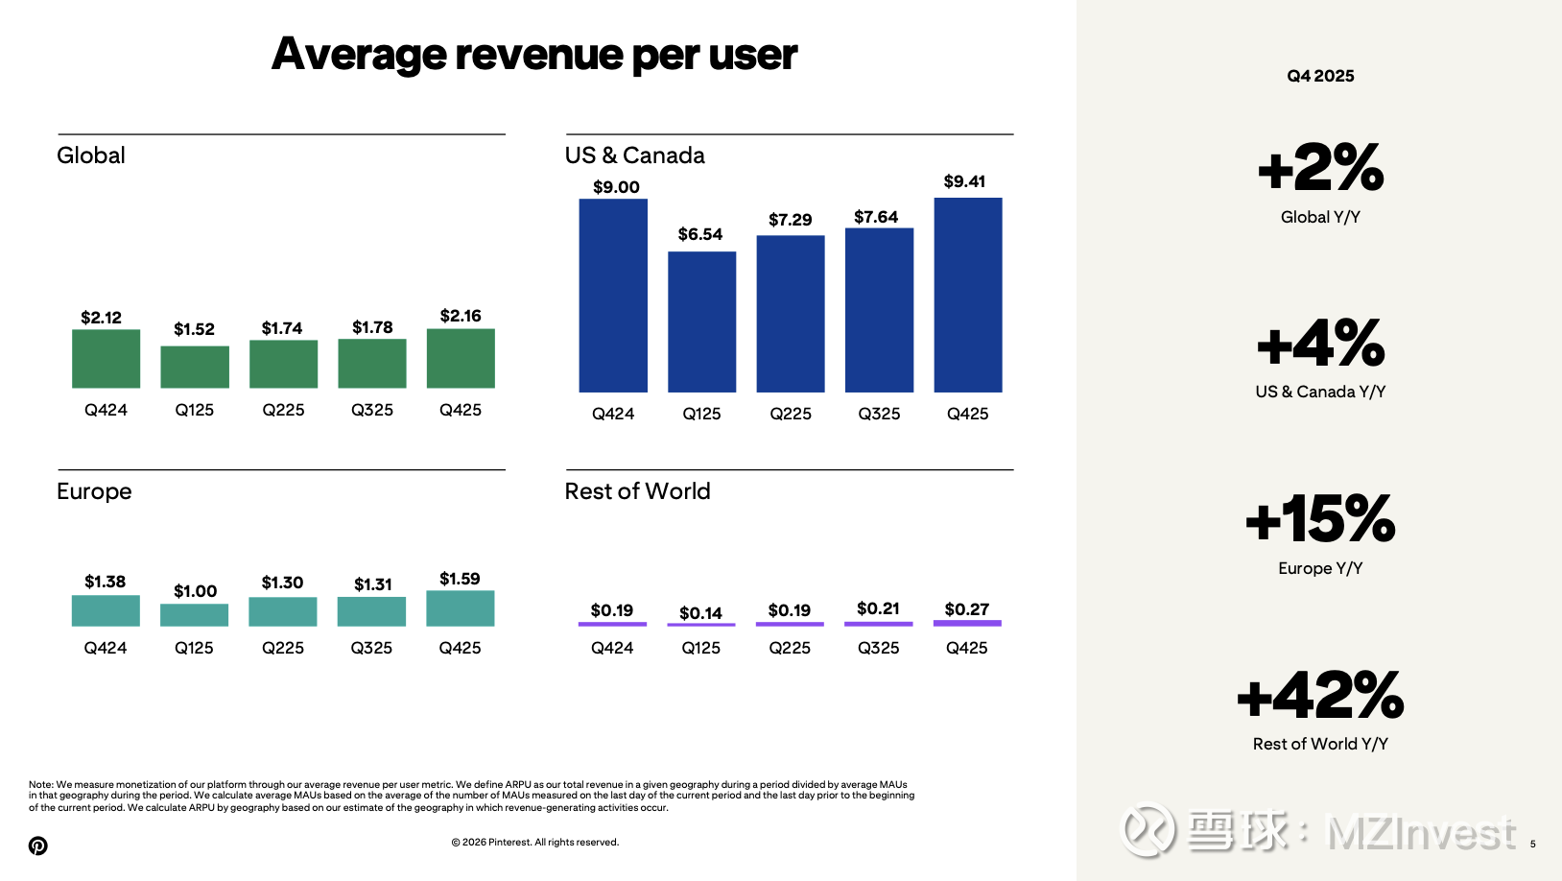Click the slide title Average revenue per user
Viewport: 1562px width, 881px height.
pyautogui.click(x=534, y=55)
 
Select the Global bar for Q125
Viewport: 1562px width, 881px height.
pyautogui.click(x=195, y=367)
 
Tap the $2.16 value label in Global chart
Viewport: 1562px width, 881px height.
pyautogui.click(x=461, y=316)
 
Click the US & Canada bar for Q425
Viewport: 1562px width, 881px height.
pyautogui.click(x=967, y=295)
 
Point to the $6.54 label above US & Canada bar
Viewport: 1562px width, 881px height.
pyautogui.click(x=700, y=234)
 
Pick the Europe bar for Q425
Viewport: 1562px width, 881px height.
pyautogui.click(x=461, y=608)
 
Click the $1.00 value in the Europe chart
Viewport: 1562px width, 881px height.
pyautogui.click(x=195, y=591)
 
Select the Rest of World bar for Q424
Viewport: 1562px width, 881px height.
pyautogui.click(x=612, y=624)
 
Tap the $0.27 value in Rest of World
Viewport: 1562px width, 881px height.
pyautogui.click(x=966, y=609)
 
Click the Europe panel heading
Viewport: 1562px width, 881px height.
pyautogui.click(x=94, y=491)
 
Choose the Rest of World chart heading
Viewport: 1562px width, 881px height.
pyautogui.click(x=637, y=491)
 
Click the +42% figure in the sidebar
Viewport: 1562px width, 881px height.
pyautogui.click(x=1320, y=696)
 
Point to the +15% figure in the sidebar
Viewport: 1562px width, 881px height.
pyautogui.click(x=1320, y=519)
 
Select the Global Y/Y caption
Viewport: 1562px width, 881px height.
pyautogui.click(x=1320, y=217)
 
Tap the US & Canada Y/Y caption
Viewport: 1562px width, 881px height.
pyautogui.click(x=1320, y=392)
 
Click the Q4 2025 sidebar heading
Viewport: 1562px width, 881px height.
pyautogui.click(x=1320, y=76)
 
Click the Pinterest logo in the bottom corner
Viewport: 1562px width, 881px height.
pyautogui.click(x=38, y=845)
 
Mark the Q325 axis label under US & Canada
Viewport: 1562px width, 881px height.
pyautogui.click(x=879, y=414)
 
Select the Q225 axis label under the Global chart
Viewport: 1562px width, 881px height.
pyautogui.click(x=283, y=410)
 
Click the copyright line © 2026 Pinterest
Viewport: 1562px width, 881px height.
pyautogui.click(x=534, y=843)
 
